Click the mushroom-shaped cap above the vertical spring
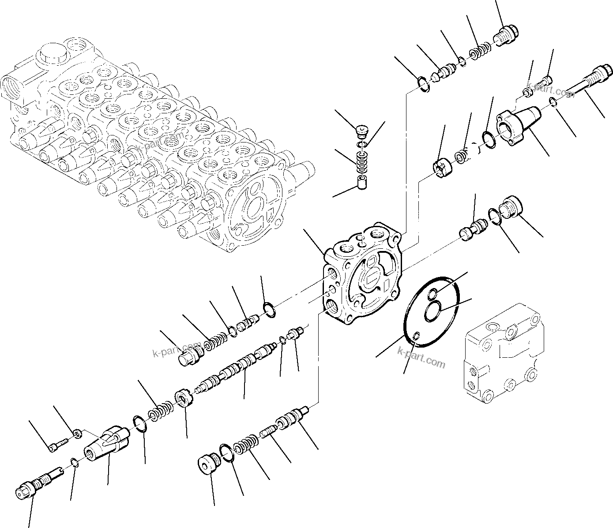click(362, 131)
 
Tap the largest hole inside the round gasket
click(433, 311)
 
